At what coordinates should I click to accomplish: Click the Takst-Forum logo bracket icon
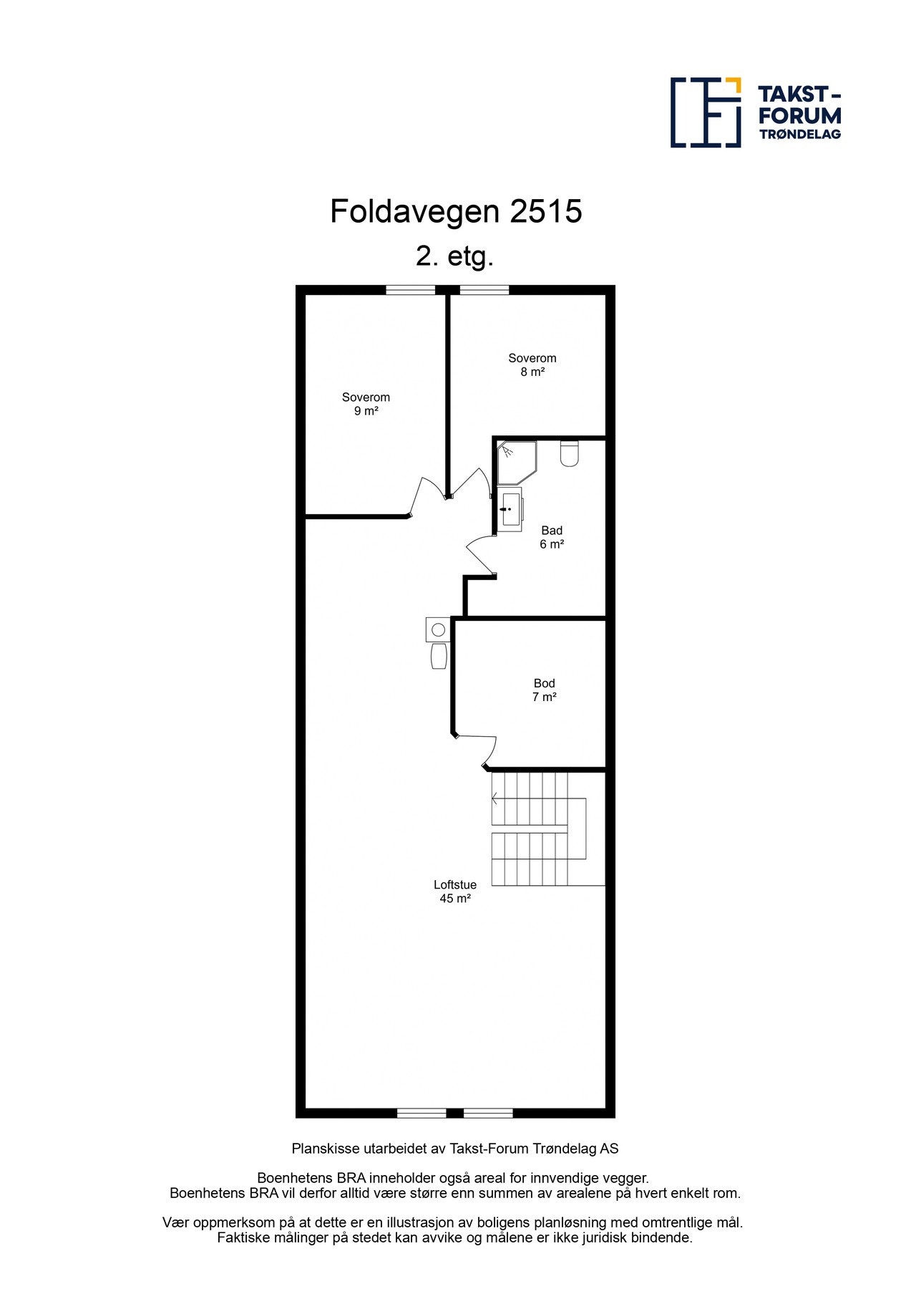click(705, 112)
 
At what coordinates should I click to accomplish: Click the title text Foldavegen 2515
click(455, 211)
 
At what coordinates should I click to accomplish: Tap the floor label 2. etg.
click(454, 256)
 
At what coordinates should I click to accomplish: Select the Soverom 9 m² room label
click(366, 404)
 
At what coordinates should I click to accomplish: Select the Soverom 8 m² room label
click(532, 365)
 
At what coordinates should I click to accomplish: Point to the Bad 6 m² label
click(551, 537)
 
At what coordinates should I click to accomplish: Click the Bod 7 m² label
click(544, 690)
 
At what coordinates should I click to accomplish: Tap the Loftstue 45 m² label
click(454, 892)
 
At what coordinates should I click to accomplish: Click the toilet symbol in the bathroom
click(569, 454)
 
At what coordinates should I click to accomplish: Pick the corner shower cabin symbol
click(515, 460)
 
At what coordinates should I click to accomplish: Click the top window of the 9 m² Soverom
click(410, 290)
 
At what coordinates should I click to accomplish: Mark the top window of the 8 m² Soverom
click(484, 290)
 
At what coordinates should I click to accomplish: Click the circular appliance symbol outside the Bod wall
click(438, 629)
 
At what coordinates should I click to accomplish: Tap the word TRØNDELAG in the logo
click(799, 134)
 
